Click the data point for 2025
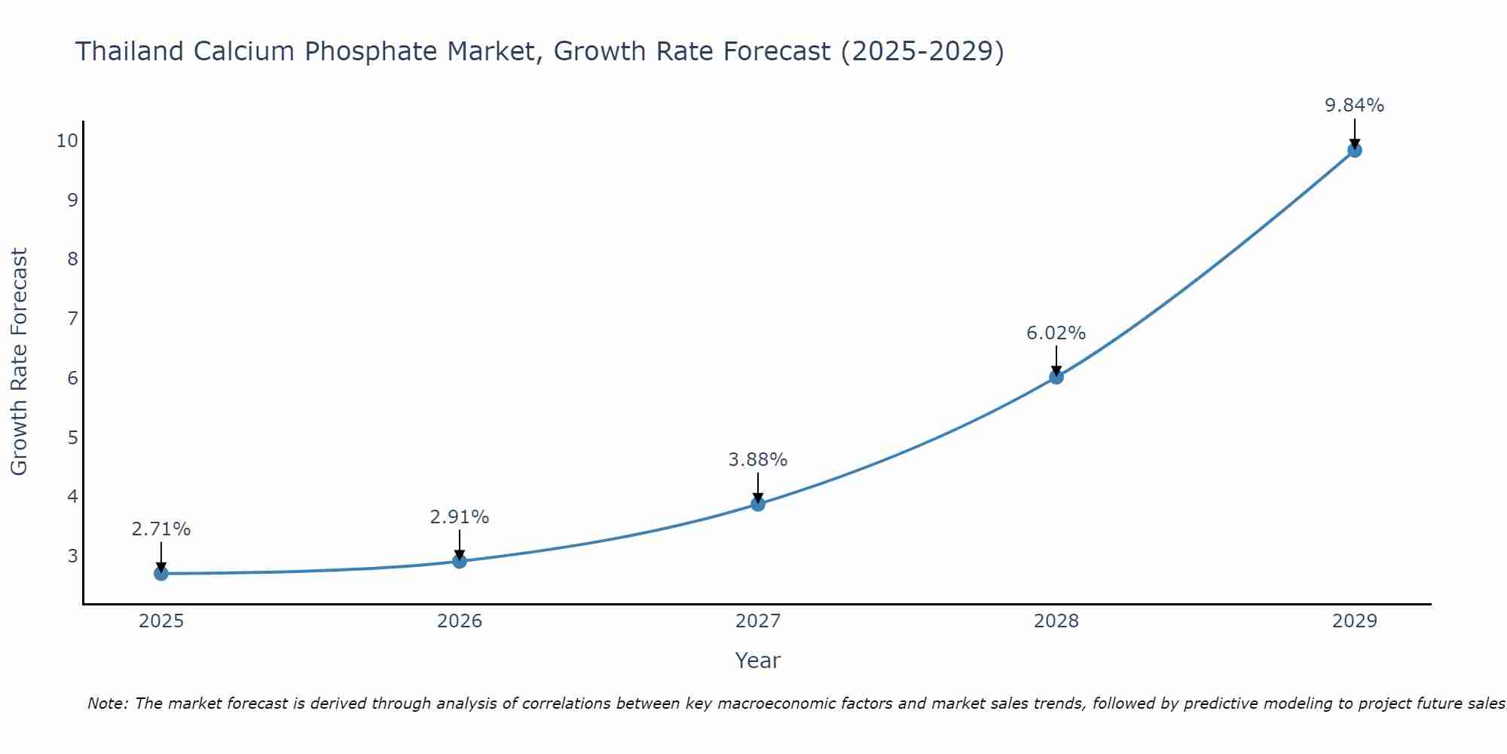tap(160, 574)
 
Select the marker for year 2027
tap(758, 504)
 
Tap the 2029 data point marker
tap(1354, 150)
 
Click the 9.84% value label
tap(1354, 106)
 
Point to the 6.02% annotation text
tap(1056, 333)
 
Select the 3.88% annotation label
tap(757, 460)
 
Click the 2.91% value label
tap(459, 517)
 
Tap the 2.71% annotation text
tap(160, 529)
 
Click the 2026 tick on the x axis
tap(460, 621)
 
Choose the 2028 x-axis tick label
tap(1056, 621)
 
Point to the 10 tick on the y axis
tap(67, 140)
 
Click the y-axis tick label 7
tap(72, 318)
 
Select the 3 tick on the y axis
tap(72, 556)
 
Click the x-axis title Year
tap(757, 661)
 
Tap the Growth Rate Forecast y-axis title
tap(19, 362)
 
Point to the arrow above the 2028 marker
tap(1056, 360)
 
